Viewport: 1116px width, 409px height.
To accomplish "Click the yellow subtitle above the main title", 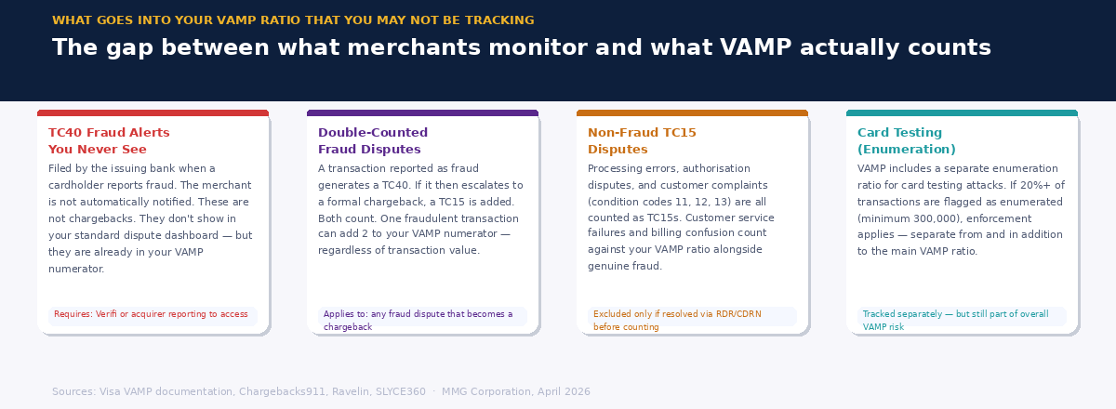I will (293, 20).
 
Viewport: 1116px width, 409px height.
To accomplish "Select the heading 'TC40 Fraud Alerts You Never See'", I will (109, 141).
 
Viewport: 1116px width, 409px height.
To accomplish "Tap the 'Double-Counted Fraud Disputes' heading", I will (373, 141).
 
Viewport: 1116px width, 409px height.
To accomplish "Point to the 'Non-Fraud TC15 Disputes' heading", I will (642, 141).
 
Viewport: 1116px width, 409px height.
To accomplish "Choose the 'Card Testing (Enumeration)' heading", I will (906, 141).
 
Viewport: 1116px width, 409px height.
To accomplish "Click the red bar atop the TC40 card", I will (153, 113).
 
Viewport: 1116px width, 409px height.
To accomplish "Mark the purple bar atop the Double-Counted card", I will (422, 113).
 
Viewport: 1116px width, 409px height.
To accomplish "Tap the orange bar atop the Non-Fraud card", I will (692, 113).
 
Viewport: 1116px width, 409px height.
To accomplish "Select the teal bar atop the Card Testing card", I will (962, 113).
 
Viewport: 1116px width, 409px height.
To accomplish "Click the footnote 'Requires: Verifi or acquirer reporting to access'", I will (151, 314).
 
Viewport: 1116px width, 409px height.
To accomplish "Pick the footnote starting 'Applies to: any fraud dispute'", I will (418, 320).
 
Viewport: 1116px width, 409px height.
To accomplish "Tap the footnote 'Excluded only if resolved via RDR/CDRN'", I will (677, 320).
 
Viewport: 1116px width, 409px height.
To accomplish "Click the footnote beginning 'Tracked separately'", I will (955, 320).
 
